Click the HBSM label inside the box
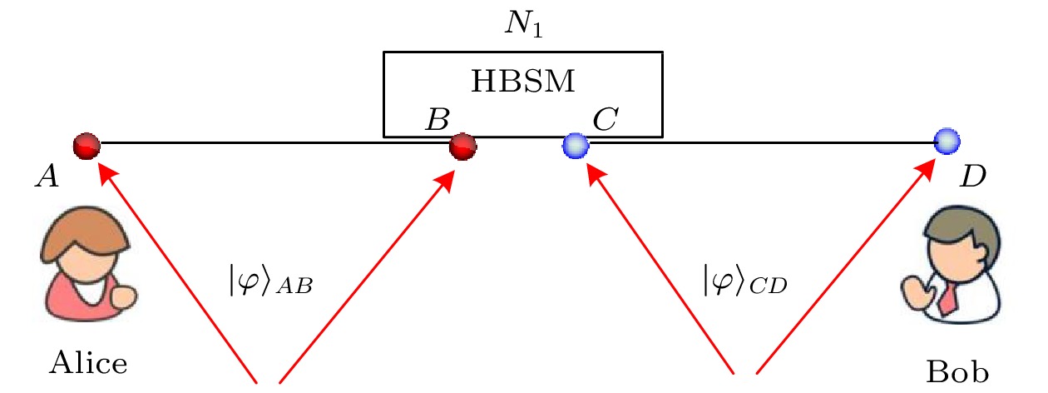coord(523,82)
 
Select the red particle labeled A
coord(87,146)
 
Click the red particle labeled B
coord(462,147)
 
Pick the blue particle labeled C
coord(575,147)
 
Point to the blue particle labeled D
coord(947,142)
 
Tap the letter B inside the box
coord(435,121)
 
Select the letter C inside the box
coord(604,121)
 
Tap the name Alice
coord(89,362)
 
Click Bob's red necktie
coord(946,297)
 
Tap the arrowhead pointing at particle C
coord(592,172)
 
